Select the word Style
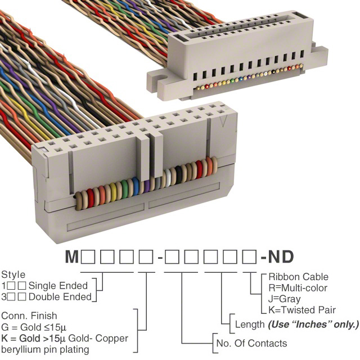[x=13, y=275]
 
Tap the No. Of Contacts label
[x=251, y=343]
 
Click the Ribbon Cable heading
[x=298, y=277]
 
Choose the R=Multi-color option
[x=299, y=288]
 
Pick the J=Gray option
[x=285, y=299]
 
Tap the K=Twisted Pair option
[x=302, y=310]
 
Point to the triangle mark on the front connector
[x=226, y=121]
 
